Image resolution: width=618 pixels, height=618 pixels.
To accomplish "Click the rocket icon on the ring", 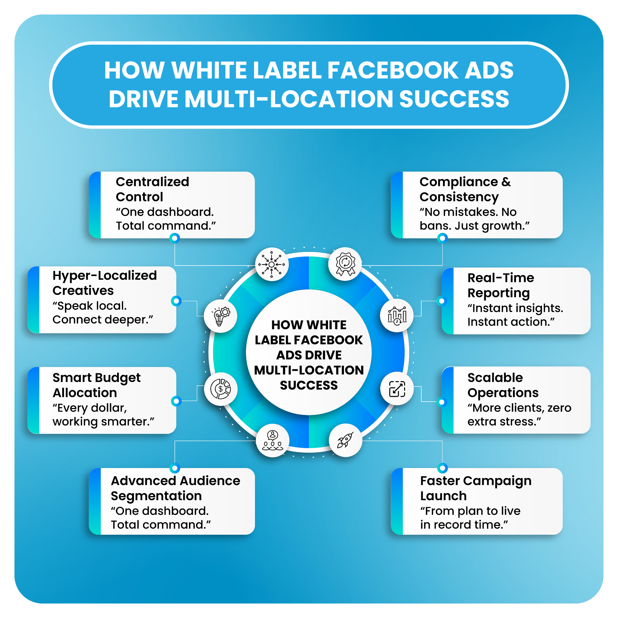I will [346, 440].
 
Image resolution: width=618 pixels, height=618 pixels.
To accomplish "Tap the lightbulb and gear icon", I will [220, 316].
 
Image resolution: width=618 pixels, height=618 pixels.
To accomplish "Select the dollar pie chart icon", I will [220, 389].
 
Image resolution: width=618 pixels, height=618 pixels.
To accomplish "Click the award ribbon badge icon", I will [345, 264].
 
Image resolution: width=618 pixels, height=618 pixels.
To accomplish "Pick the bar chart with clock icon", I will [397, 315].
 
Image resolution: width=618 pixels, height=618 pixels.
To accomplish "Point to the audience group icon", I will [272, 441].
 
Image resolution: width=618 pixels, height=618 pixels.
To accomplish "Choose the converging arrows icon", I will [272, 265].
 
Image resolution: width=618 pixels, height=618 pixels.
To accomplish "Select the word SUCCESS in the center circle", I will [309, 385].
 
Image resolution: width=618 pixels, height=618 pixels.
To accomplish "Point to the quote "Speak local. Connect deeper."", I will [102, 313].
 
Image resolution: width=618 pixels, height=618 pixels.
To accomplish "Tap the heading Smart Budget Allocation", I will [96, 385].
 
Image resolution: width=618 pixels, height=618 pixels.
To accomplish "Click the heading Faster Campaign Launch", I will [476, 488].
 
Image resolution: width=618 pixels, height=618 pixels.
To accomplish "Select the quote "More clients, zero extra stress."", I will [519, 415].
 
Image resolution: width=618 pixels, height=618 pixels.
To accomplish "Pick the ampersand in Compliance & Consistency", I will [506, 182].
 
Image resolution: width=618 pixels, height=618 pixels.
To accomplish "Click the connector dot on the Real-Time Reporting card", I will [442, 301].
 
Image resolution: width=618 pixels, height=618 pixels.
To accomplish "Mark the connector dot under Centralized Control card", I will [175, 238].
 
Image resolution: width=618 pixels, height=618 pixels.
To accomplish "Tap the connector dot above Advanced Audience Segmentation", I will [175, 468].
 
